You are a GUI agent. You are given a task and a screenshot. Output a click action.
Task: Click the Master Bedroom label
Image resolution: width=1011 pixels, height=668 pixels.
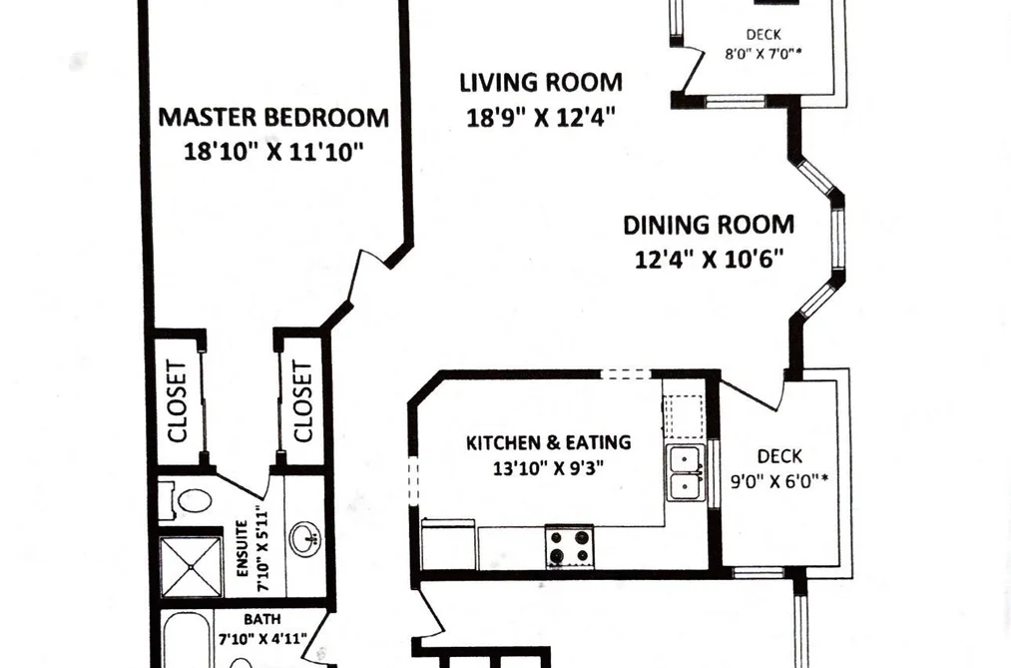tap(273, 118)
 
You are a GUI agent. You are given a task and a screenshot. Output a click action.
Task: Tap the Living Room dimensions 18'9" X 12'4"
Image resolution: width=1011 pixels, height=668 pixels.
tap(540, 118)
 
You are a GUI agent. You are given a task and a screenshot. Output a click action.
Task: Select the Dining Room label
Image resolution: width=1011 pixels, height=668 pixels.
tap(709, 225)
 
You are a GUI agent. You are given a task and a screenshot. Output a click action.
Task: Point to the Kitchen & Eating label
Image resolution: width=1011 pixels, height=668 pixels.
tap(549, 443)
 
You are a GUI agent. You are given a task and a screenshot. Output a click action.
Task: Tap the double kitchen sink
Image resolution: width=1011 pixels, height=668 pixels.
tap(686, 472)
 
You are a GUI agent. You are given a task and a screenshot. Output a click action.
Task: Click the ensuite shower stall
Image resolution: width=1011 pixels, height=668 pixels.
tap(191, 566)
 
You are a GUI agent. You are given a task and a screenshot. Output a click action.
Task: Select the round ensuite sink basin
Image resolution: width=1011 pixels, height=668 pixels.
tap(305, 538)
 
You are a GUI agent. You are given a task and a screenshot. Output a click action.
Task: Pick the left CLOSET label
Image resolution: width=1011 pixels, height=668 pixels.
tap(177, 401)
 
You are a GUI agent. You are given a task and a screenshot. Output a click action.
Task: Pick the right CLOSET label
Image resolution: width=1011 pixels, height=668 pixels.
tap(302, 401)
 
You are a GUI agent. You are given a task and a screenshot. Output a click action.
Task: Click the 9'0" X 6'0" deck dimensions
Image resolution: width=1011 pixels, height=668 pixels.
tap(778, 481)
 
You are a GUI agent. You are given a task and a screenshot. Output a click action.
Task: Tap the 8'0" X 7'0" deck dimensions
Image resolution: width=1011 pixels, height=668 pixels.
tap(763, 54)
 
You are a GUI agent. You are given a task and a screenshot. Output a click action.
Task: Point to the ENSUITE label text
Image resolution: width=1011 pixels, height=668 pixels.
tap(243, 549)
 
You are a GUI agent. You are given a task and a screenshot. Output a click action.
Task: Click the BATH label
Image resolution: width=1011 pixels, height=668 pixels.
tap(262, 620)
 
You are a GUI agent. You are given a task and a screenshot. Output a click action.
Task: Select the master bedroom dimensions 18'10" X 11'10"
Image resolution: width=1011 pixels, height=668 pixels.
tap(273, 152)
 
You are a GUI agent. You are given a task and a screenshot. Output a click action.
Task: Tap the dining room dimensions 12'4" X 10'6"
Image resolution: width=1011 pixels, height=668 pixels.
tap(709, 260)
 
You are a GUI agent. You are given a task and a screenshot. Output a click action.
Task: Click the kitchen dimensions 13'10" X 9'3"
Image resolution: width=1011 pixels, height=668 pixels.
tap(549, 468)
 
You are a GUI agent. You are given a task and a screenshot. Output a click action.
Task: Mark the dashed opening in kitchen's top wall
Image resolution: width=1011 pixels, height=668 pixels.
tap(626, 373)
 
